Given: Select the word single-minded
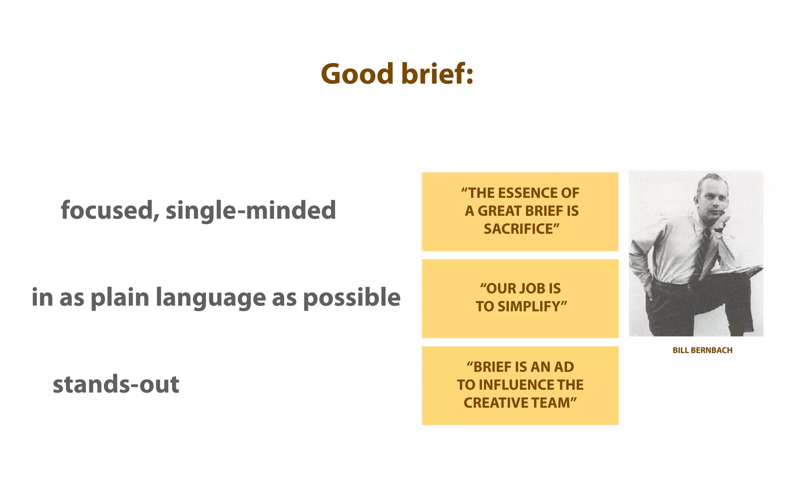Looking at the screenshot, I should click(251, 210).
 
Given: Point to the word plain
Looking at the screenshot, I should click(120, 298).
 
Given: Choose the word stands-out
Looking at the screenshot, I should click(116, 384).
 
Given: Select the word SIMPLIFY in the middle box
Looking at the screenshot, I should click(530, 307).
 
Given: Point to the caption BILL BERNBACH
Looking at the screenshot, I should click(702, 350).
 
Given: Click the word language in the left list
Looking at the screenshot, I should click(211, 298).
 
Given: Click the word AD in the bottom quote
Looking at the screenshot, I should click(564, 367).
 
